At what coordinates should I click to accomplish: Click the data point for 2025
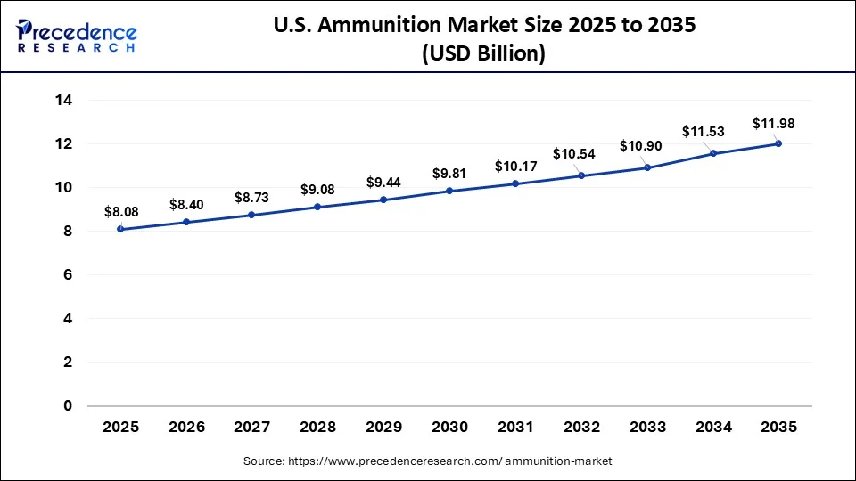coord(120,229)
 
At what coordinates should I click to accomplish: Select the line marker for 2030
coord(449,191)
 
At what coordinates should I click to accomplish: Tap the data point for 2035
coord(778,143)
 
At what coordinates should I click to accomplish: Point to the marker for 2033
coord(647,167)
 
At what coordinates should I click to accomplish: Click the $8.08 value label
coord(120,212)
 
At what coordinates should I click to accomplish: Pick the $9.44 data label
coord(383,183)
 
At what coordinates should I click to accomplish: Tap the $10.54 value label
coord(574,154)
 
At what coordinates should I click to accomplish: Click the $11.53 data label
coord(704,131)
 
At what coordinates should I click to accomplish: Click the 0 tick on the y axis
coord(67,406)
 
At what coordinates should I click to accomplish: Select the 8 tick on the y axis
coord(67,232)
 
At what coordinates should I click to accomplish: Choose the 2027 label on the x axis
coord(252,428)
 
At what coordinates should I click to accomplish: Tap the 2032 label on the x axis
coord(581,428)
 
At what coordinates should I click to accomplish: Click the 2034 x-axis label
coord(713,428)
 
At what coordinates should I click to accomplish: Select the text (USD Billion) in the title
coord(482,53)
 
